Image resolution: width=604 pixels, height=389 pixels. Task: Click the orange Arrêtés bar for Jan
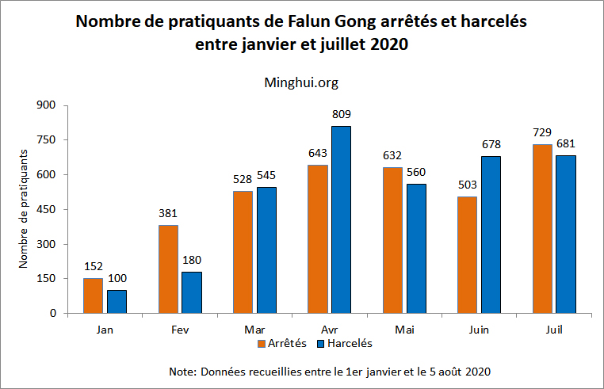[94, 296]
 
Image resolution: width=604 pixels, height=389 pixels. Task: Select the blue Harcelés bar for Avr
[341, 219]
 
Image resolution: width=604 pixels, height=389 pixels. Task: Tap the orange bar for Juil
[543, 229]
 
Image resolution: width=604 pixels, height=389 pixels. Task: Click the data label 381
[169, 214]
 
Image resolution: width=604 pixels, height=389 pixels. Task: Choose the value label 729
[543, 133]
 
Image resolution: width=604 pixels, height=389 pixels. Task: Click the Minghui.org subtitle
[301, 81]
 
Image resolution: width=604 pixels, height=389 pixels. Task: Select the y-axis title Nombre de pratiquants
[24, 208]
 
